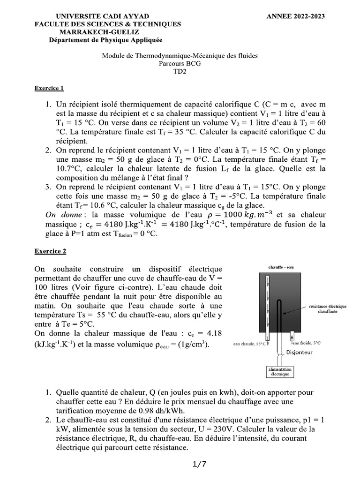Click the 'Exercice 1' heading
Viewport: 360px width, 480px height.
[x=49, y=88]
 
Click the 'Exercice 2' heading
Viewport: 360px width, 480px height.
[x=50, y=251]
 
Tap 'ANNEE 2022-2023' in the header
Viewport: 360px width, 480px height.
[x=295, y=16]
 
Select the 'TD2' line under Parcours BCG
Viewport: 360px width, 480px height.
[x=180, y=71]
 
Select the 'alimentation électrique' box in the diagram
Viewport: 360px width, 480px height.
[x=279, y=372]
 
